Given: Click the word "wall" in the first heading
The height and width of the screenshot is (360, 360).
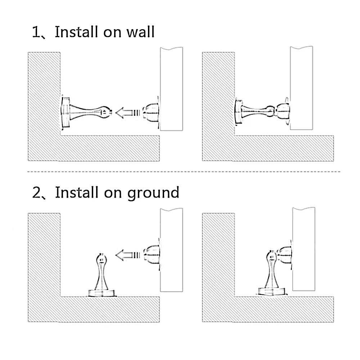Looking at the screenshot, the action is (x=141, y=32).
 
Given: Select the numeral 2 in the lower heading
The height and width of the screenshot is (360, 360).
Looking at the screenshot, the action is (x=36, y=193).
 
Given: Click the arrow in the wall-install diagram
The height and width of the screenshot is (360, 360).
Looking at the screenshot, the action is (x=127, y=113).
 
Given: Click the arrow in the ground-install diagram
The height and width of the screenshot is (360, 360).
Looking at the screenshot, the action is (x=127, y=255).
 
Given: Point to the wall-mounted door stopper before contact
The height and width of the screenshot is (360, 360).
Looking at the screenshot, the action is (x=86, y=112).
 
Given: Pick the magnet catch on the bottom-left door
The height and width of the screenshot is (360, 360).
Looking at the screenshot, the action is (x=152, y=255).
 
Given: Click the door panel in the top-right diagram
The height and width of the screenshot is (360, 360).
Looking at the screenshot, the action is (x=301, y=88).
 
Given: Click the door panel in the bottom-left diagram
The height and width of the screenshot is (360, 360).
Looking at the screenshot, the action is (x=171, y=250).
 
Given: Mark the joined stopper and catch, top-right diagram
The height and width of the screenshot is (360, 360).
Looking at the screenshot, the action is (x=262, y=112).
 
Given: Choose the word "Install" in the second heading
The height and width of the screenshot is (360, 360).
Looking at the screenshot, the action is (x=77, y=193).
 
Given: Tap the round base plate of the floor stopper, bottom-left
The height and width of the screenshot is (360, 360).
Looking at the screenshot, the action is (x=102, y=293).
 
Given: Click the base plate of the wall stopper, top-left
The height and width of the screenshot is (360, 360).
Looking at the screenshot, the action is (x=65, y=112).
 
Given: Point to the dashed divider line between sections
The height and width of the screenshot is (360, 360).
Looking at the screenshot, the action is (x=184, y=171).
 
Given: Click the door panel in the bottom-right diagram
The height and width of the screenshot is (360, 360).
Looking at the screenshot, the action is (x=304, y=249).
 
